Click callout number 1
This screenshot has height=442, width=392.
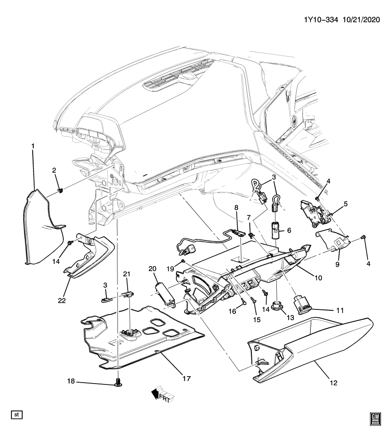click(x=33, y=146)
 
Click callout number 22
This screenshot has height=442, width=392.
click(x=62, y=301)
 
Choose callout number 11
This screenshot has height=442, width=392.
click(x=340, y=311)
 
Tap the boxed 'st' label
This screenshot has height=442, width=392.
click(x=17, y=415)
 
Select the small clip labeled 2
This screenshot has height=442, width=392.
click(x=60, y=190)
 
